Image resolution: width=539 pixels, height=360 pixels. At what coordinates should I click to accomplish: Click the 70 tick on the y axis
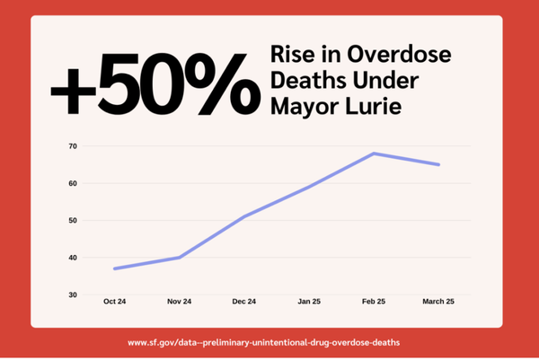click(72, 145)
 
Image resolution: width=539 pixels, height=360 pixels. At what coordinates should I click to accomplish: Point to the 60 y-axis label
click(72, 183)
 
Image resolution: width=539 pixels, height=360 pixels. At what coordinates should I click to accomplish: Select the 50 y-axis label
click(72, 220)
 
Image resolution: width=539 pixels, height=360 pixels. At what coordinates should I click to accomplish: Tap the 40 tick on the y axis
click(72, 258)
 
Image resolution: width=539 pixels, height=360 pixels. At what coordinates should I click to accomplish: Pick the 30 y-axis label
click(72, 294)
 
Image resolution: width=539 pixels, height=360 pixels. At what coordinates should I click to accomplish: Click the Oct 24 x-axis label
click(114, 302)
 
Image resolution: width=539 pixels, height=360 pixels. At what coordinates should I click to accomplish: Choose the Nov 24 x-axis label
click(179, 302)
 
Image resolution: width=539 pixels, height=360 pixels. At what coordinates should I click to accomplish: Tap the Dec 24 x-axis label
click(244, 302)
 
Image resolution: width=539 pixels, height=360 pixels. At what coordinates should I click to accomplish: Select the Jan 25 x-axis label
click(309, 302)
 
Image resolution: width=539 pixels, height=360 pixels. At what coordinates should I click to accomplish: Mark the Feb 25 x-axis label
click(374, 302)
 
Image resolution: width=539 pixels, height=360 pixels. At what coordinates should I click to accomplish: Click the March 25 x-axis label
click(438, 302)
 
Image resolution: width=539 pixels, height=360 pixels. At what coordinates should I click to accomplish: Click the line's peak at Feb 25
click(374, 154)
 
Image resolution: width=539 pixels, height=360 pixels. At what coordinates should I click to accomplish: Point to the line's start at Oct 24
click(114, 268)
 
